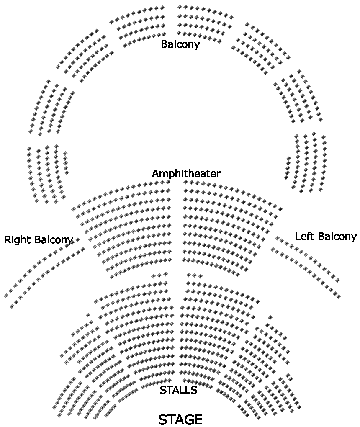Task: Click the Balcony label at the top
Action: coord(180,44)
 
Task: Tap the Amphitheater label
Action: coord(186,173)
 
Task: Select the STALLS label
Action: coord(178,390)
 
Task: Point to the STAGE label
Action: coord(180,419)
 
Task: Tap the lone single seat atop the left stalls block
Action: coord(88,315)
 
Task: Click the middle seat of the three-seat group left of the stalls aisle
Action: coord(159,275)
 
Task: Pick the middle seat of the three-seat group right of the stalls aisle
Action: coord(195,275)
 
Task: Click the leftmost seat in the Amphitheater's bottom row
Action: coord(112,277)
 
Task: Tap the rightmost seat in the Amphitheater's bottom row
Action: coord(238,275)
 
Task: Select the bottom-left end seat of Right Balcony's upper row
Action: coord(6,296)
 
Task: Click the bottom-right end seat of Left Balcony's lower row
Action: coord(338,297)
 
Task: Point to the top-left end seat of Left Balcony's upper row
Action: coord(277,238)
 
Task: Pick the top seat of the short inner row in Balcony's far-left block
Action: coord(65,153)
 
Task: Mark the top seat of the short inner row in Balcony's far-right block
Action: coord(288,158)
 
